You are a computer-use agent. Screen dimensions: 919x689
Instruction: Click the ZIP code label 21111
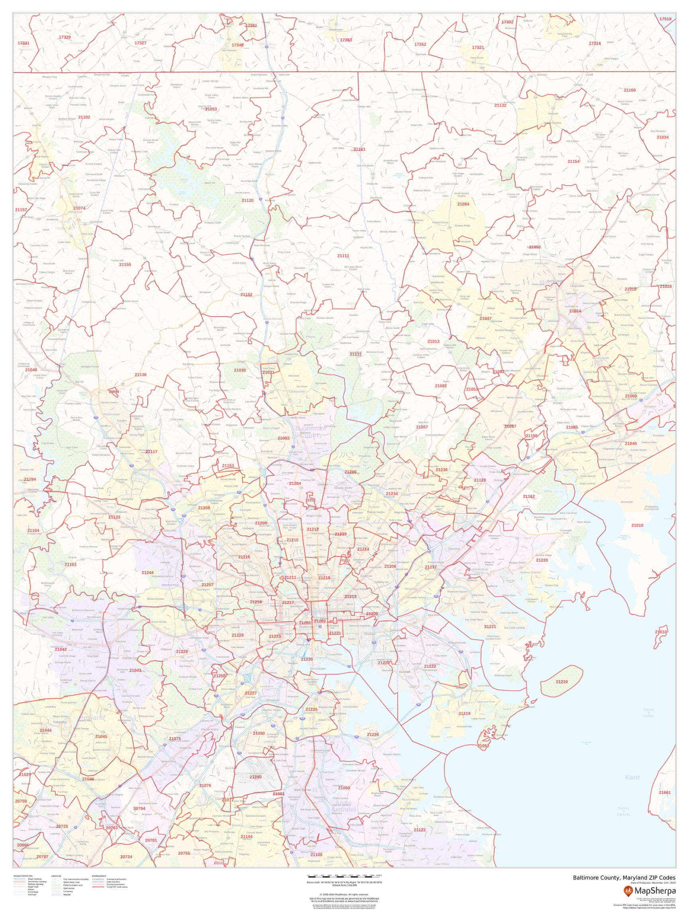343,256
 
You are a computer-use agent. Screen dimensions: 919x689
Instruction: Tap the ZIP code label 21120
248,200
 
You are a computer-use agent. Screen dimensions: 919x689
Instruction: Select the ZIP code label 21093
283,438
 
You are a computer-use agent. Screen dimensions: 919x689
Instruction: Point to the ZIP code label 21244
148,572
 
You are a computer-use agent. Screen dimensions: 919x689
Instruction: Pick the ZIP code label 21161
359,149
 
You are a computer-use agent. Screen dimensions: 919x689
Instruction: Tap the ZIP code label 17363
346,40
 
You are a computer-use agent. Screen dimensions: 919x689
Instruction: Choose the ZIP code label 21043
135,670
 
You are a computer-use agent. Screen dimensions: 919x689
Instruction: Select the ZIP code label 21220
542,560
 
